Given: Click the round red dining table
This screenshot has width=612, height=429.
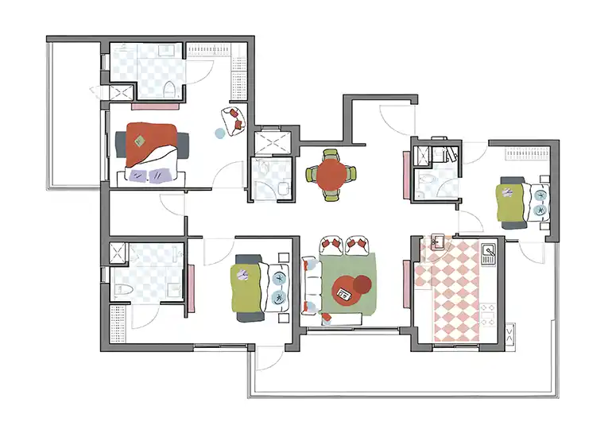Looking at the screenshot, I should tap(331, 173).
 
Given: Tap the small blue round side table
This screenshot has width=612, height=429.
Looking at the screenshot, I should tap(219, 133).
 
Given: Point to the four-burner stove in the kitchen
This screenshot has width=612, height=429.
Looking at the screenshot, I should tap(488, 315).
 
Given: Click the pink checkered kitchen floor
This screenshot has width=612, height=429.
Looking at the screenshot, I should tap(453, 294).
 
